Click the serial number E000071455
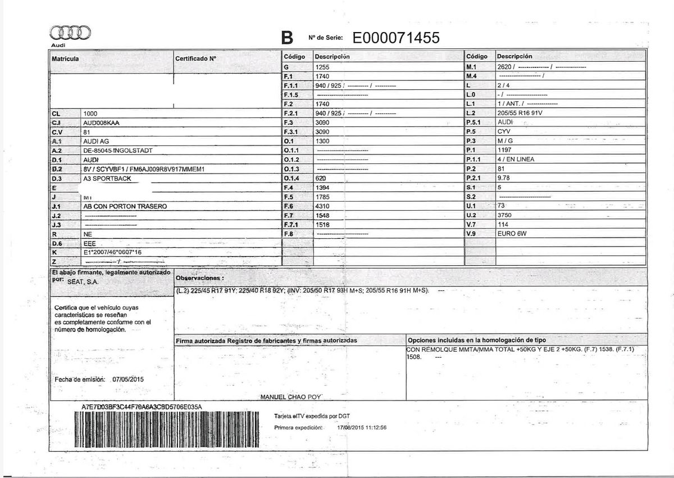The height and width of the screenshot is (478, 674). tap(396, 38)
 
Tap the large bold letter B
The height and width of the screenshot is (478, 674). tap(287, 38)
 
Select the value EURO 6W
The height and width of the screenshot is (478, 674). tap(512, 233)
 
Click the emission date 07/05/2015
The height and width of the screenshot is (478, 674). tap(129, 380)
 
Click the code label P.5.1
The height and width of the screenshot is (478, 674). tap(475, 122)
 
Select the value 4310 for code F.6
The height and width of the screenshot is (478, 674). tap(322, 206)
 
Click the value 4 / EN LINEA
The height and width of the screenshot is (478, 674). tap(516, 160)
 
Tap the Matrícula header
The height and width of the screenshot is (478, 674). tap(65, 59)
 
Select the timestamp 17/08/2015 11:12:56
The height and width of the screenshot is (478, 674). tap(362, 427)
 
